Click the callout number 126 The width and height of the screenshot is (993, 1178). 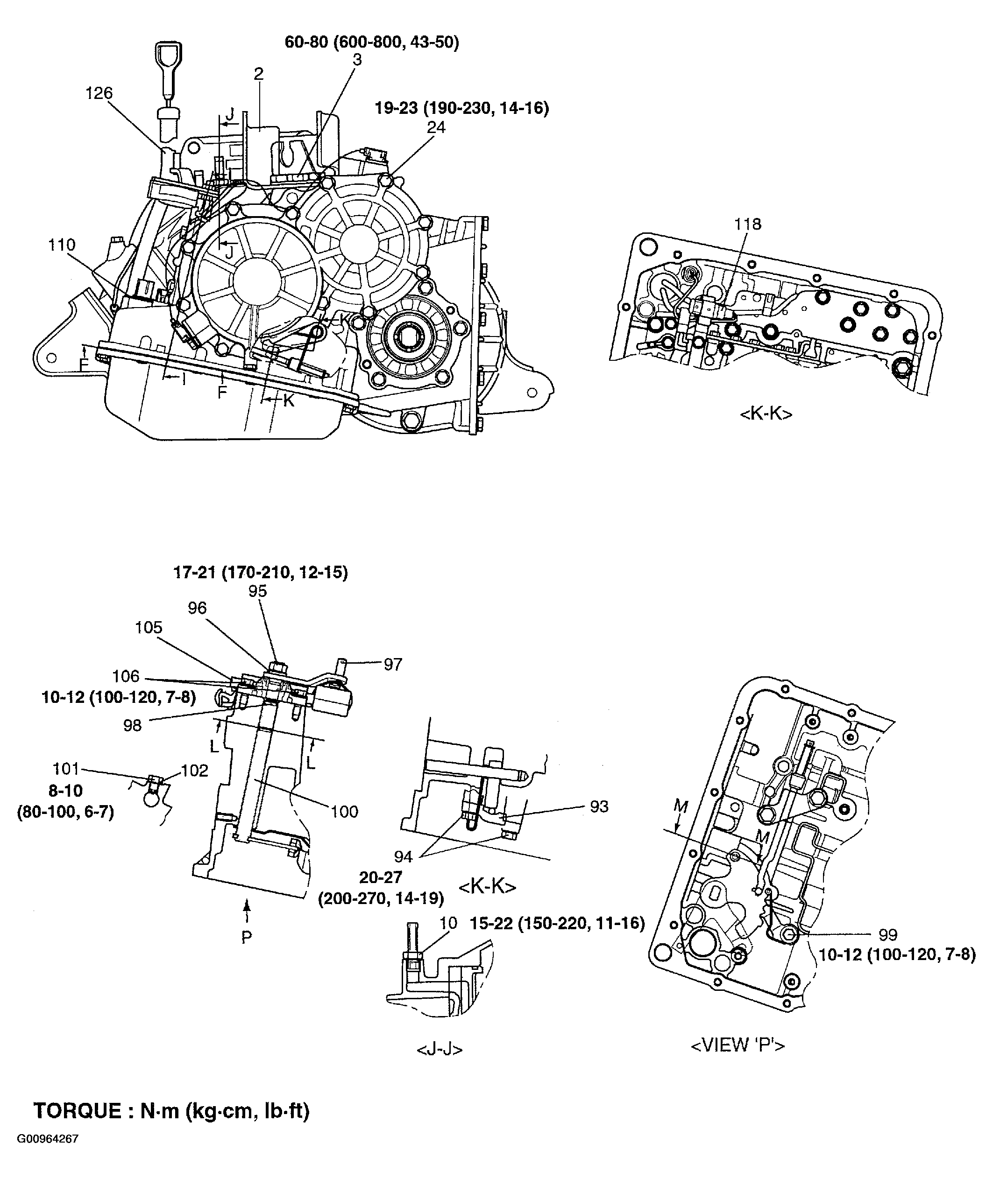[99, 93]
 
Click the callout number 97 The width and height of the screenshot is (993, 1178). [393, 665]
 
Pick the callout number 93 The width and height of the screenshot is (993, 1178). [599, 806]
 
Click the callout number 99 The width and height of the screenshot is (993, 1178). [888, 934]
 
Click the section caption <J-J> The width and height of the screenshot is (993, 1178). [440, 1049]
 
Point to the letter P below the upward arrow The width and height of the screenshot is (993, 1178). [247, 937]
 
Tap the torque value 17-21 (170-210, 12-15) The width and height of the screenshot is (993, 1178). [260, 573]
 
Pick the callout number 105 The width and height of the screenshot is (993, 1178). [149, 627]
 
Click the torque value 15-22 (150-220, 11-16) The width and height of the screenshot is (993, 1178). [557, 923]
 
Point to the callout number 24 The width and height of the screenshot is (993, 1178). [436, 128]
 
